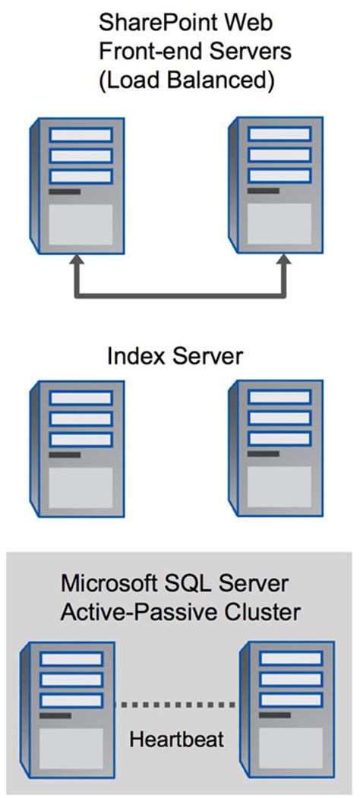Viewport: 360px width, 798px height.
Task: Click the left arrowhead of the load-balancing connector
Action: pos(76,262)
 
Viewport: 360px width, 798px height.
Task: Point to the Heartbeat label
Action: pos(176,739)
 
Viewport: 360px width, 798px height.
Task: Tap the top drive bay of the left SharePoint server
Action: pos(81,135)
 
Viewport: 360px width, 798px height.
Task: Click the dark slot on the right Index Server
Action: pos(263,455)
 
